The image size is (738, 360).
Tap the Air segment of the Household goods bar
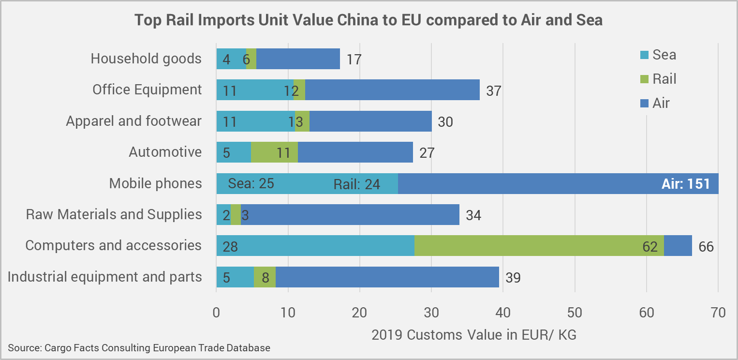298,59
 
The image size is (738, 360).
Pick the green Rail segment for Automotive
274,152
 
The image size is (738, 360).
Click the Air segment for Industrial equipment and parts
387,277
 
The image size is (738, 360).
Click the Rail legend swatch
643,79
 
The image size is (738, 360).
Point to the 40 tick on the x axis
503,313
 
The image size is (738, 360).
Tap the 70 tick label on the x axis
718,313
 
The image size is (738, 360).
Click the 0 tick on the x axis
216,313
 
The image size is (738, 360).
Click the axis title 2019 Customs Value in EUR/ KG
473,334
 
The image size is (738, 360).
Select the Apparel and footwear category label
133,121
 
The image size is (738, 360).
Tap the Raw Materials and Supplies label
114,214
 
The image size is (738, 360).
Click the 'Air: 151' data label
685,184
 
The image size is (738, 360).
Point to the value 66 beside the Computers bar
706,246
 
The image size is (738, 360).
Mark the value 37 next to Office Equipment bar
493,91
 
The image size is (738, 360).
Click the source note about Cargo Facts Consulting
139,347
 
